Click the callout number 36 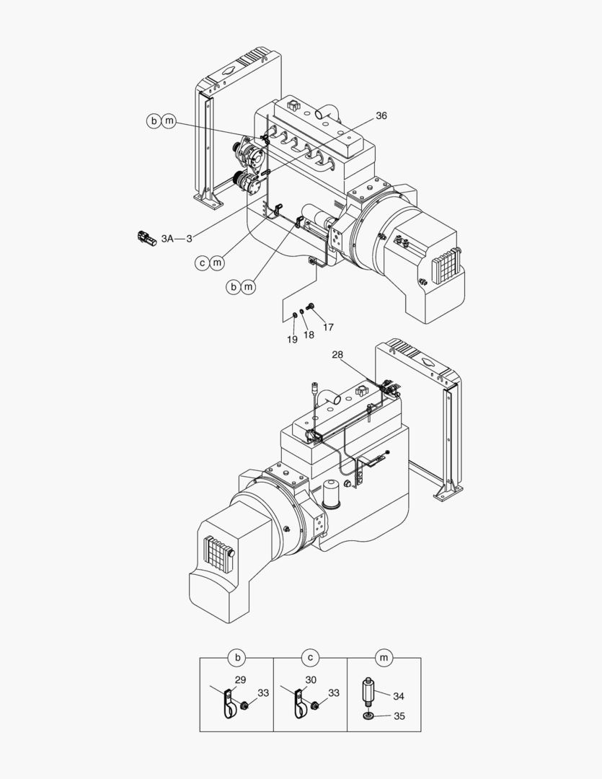(x=381, y=115)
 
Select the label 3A (x=167, y=238)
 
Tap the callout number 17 (x=328, y=327)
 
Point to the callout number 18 (x=309, y=334)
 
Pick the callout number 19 (x=291, y=338)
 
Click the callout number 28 (x=338, y=354)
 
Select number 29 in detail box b (x=241, y=679)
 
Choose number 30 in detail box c (x=311, y=679)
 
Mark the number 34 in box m (x=399, y=696)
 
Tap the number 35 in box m (x=399, y=716)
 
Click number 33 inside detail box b (x=263, y=692)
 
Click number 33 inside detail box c (x=333, y=692)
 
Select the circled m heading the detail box (x=384, y=657)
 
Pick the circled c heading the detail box (x=309, y=657)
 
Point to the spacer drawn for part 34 (x=368, y=692)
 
